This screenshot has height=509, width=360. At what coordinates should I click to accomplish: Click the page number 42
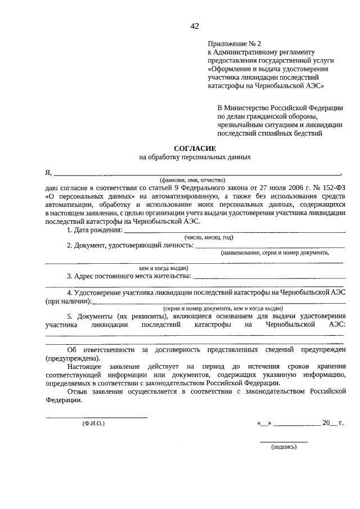point(195,26)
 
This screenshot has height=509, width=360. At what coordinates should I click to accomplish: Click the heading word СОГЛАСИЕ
point(195,148)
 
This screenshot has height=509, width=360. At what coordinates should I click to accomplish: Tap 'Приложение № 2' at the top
point(235,43)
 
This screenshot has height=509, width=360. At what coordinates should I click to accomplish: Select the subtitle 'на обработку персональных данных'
point(195,157)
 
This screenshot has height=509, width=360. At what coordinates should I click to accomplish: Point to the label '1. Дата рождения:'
point(94,230)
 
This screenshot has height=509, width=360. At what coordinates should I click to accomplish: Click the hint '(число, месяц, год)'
point(209,238)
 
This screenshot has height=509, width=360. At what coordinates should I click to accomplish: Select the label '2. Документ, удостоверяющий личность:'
point(130,245)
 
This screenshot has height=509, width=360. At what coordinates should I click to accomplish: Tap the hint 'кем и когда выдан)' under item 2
point(164,268)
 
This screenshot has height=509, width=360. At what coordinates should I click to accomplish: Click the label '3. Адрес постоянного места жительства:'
point(129,276)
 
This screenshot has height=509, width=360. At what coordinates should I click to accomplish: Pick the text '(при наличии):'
point(67,301)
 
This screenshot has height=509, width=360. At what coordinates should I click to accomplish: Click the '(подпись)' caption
point(283,447)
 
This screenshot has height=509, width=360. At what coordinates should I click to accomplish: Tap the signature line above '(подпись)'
point(283,442)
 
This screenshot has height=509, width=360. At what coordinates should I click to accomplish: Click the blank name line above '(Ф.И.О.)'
point(96,417)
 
